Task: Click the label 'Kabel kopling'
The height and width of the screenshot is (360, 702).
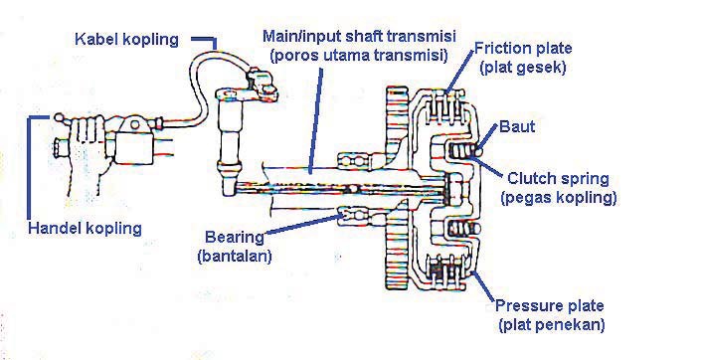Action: point(126,39)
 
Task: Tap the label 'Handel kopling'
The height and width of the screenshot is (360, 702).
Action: point(86,228)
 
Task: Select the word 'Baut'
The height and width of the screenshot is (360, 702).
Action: point(518,127)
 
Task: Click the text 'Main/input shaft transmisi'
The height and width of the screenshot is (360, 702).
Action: point(352,34)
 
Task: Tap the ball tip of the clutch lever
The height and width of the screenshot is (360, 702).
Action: point(61,115)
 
